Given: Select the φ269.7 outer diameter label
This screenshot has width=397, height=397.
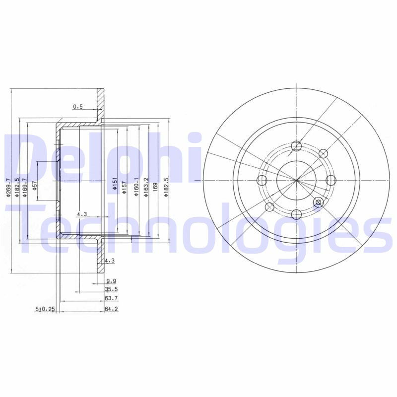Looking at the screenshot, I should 8,188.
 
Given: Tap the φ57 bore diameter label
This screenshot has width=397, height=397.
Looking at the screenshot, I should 35,186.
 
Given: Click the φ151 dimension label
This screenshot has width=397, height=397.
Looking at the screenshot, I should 114,185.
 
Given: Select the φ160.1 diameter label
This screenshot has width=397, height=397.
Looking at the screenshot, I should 135,187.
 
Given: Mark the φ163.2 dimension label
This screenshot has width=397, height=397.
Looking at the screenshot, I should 145,187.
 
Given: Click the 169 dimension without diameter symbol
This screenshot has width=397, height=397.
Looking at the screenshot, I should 155,187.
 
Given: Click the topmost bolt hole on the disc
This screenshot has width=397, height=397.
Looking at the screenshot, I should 296,146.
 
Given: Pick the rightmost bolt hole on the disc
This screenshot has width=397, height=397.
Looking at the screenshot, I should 331,180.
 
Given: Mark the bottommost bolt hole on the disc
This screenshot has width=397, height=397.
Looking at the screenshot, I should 296,214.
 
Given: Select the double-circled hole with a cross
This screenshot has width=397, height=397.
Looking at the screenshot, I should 319,201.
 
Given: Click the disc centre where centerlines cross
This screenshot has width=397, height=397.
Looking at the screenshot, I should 296,180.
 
